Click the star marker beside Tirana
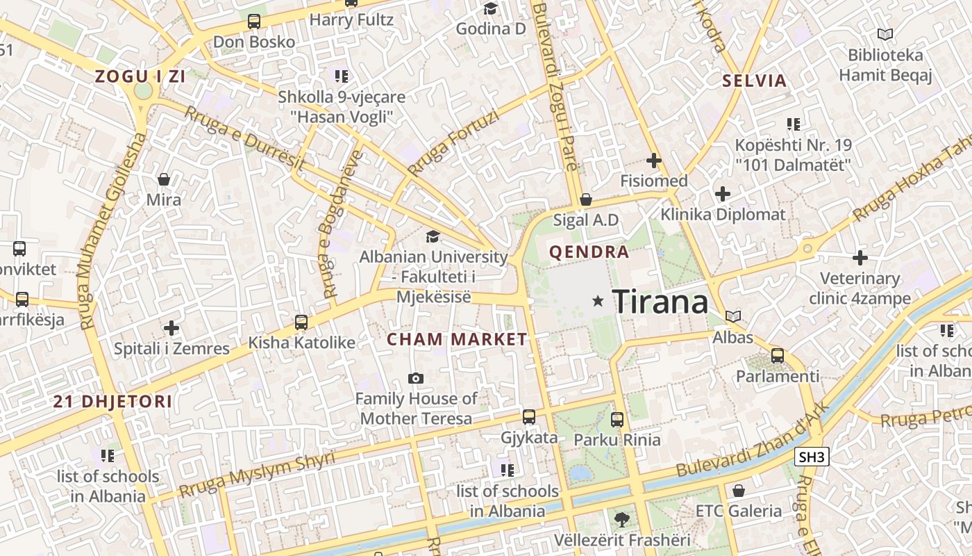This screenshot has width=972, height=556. [x=598, y=301]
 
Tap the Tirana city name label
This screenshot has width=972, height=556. [x=661, y=302]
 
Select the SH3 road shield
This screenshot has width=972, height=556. [x=812, y=457]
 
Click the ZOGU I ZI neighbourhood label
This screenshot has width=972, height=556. [x=140, y=76]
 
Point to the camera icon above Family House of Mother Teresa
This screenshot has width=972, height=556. [x=416, y=378]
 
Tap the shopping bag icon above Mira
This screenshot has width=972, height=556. [x=164, y=180]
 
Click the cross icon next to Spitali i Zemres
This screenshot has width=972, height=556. [x=171, y=328]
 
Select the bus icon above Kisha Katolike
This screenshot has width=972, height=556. [x=301, y=322]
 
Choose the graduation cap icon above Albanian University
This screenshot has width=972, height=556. [x=433, y=237]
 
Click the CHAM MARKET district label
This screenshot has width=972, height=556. [x=457, y=339]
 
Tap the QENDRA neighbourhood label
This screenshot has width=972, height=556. [x=589, y=252]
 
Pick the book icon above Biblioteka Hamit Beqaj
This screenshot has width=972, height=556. [x=885, y=34]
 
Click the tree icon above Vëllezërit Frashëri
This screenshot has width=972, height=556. [x=622, y=518]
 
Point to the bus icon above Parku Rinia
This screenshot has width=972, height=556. [x=617, y=419]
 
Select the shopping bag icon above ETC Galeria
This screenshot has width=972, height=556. [x=739, y=491]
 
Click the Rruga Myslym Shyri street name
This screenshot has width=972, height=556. [x=257, y=474]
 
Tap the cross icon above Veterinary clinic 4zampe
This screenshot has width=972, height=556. [x=860, y=258]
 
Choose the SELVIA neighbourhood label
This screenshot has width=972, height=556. [x=755, y=81]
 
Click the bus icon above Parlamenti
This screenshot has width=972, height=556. [x=778, y=356]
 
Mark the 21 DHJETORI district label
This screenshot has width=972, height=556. [x=112, y=401]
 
